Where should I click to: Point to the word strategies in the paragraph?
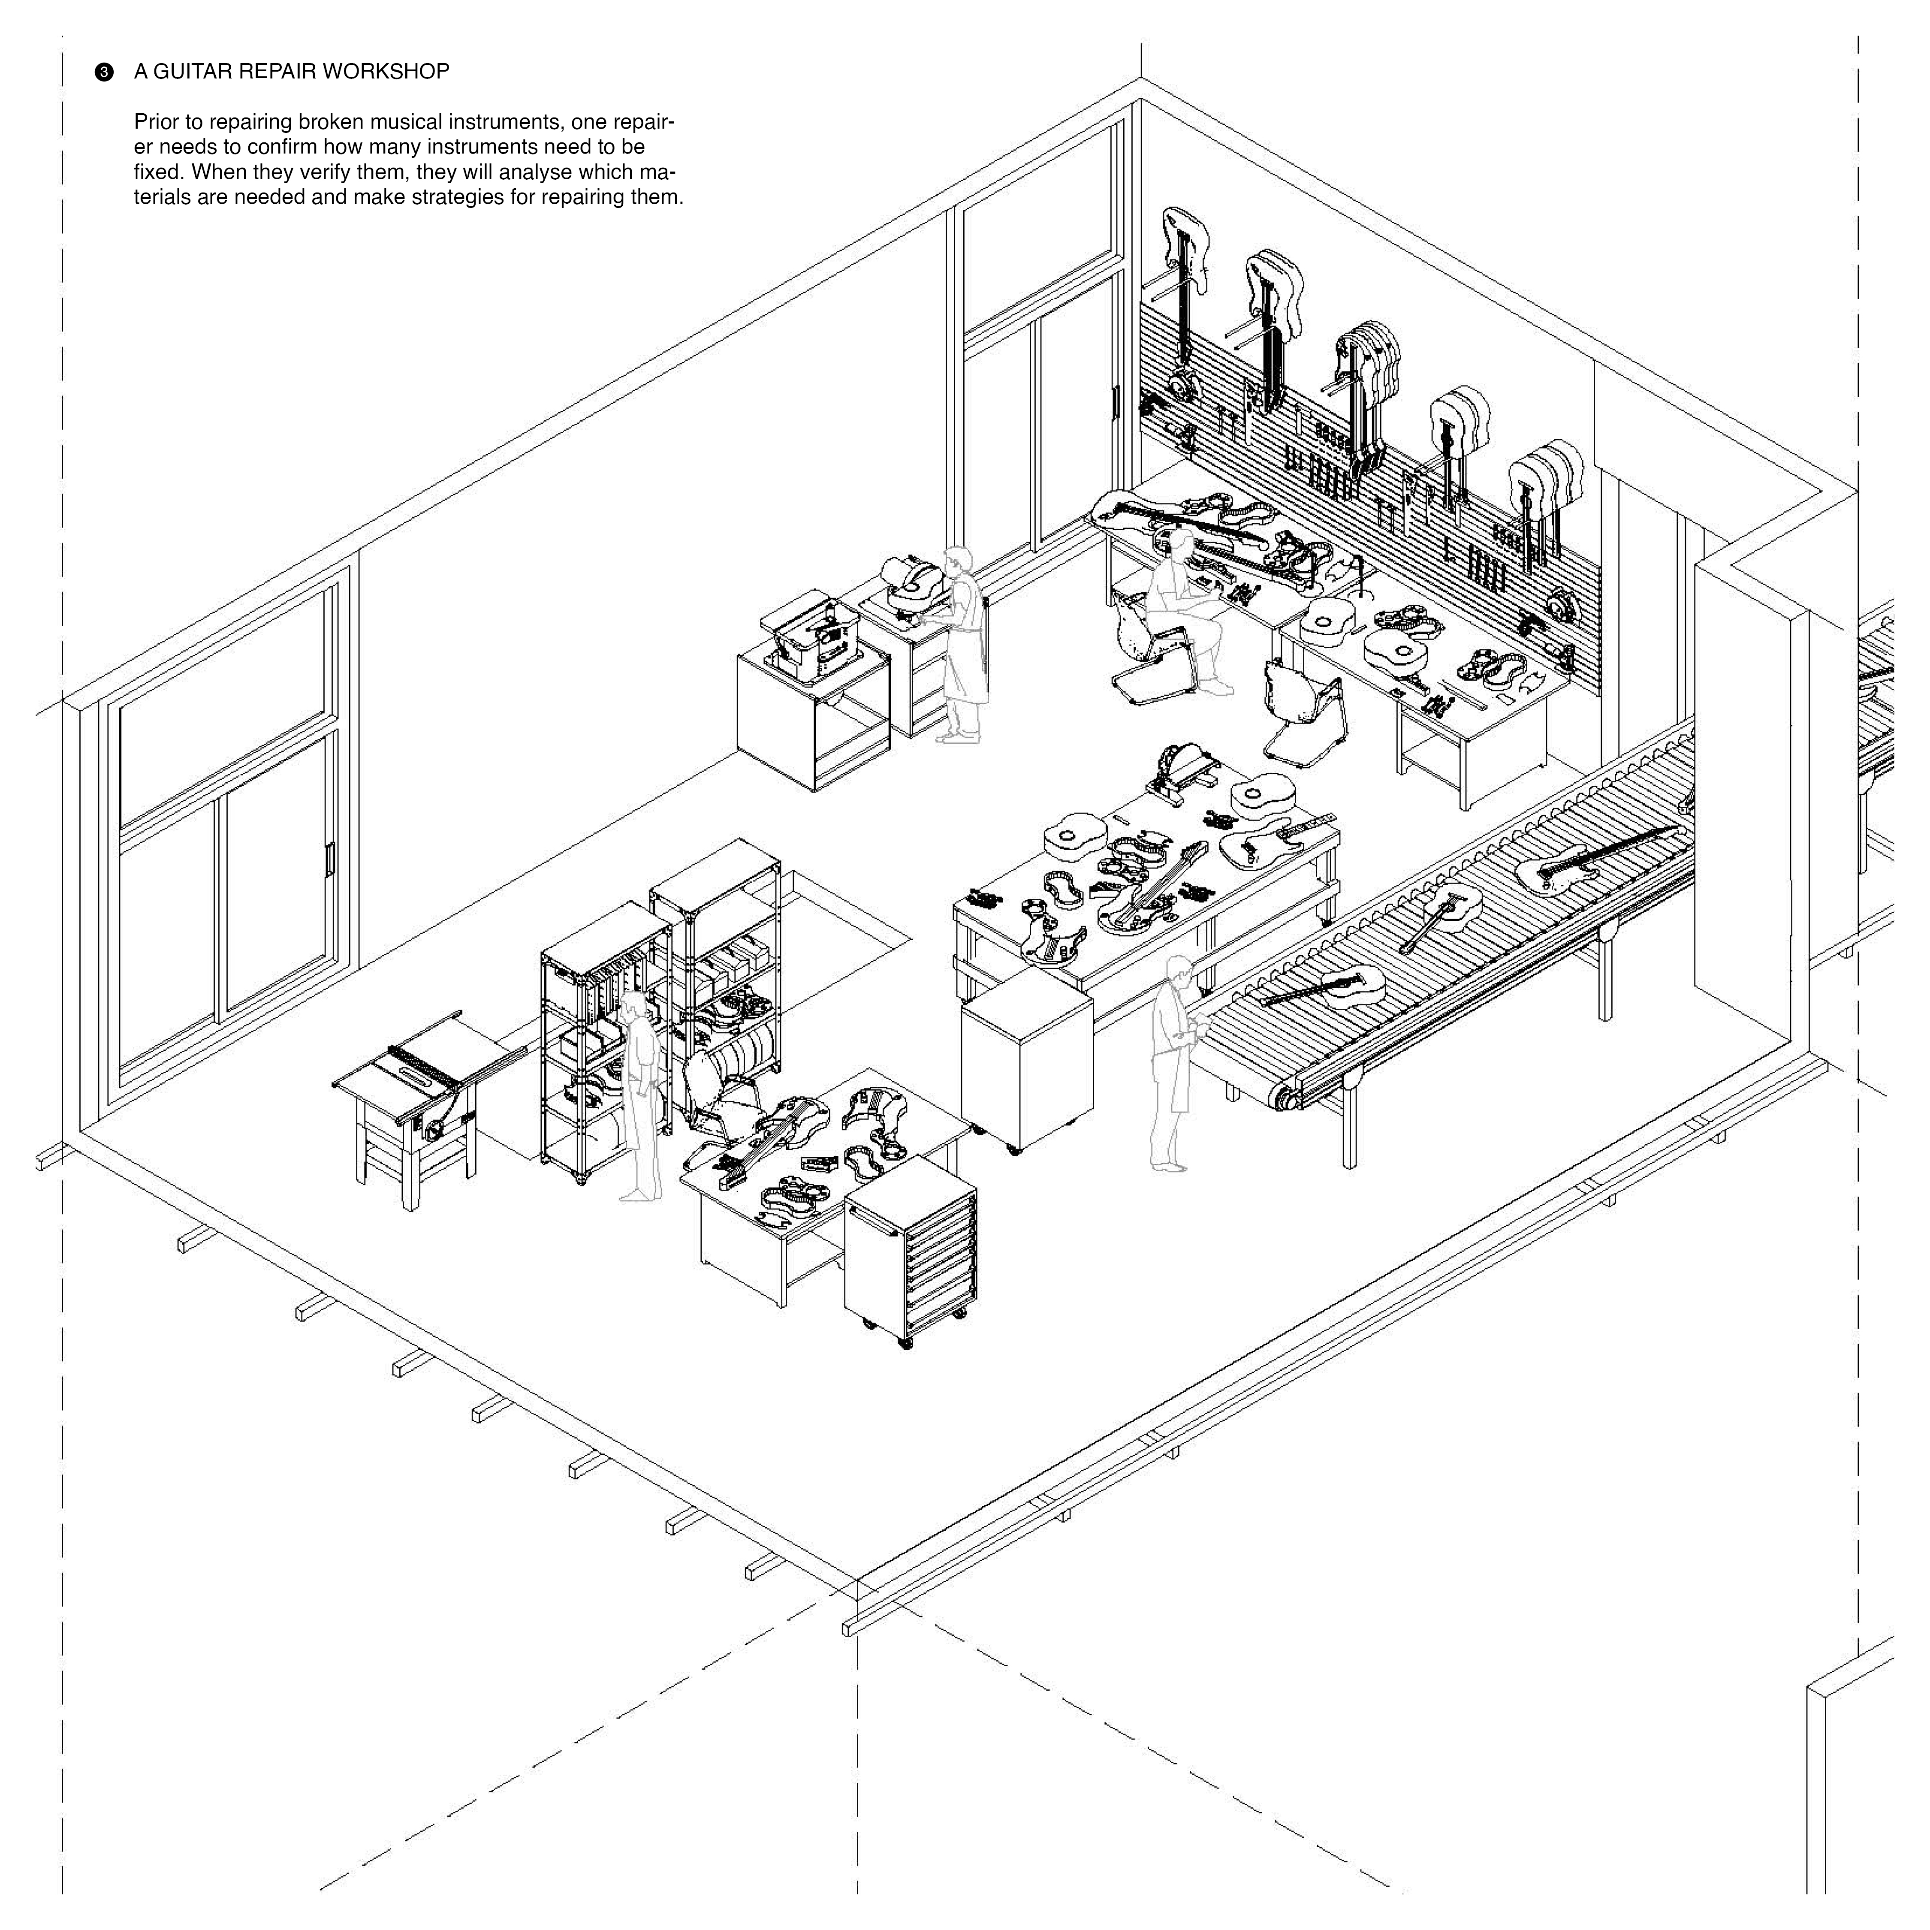[485, 197]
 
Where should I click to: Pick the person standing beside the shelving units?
[640, 1094]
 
